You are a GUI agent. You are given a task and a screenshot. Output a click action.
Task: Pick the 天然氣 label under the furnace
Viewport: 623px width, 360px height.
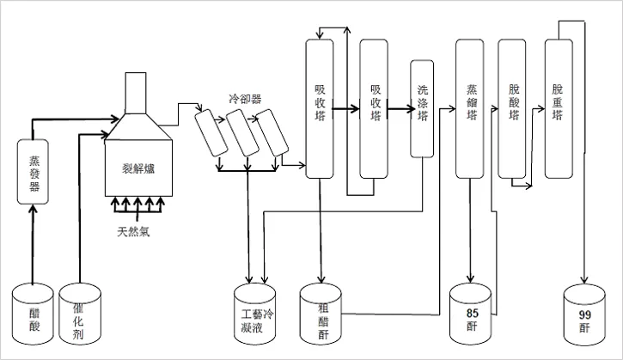[134, 232]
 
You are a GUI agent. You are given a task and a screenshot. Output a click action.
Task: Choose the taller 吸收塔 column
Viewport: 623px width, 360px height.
[319, 109]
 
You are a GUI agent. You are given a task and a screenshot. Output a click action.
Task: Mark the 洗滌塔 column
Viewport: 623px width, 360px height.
[421, 109]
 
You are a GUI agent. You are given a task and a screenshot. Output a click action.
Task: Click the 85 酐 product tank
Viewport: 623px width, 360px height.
[471, 314]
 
